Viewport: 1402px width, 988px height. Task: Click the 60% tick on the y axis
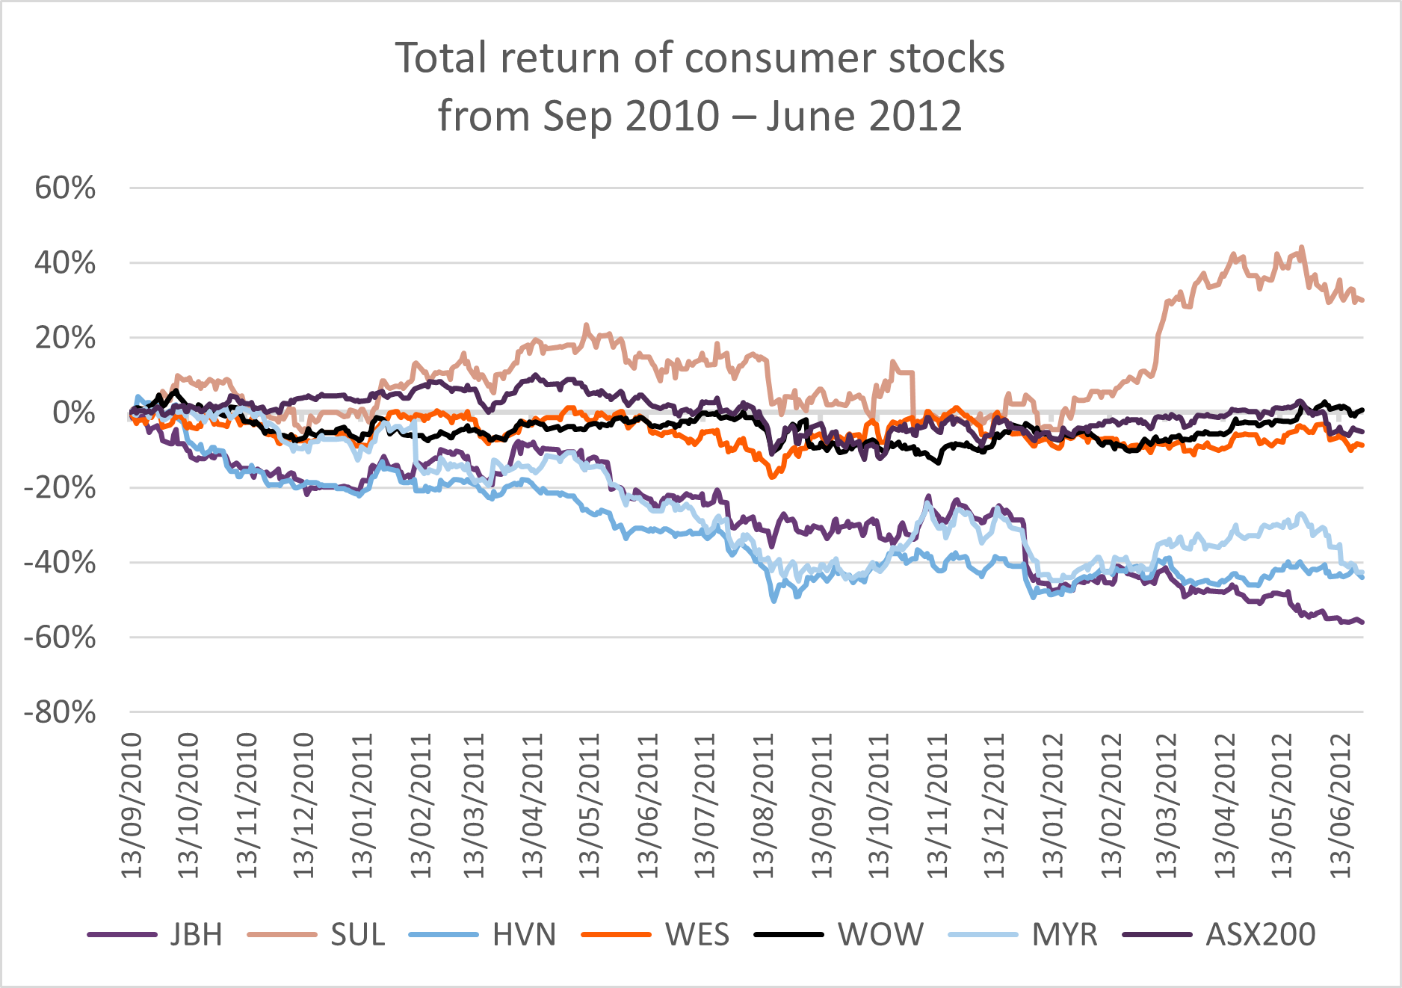pyautogui.click(x=66, y=188)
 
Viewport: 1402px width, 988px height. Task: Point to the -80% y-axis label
pyautogui.click(x=61, y=713)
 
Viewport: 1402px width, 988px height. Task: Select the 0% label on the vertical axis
pyautogui.click(x=74, y=413)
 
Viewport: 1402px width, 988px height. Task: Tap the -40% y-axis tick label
pyautogui.click(x=61, y=563)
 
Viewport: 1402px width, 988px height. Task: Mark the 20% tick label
pyautogui.click(x=66, y=339)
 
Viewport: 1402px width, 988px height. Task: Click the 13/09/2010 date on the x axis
pyautogui.click(x=132, y=806)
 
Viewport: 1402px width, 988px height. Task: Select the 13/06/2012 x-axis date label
pyautogui.click(x=1341, y=806)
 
